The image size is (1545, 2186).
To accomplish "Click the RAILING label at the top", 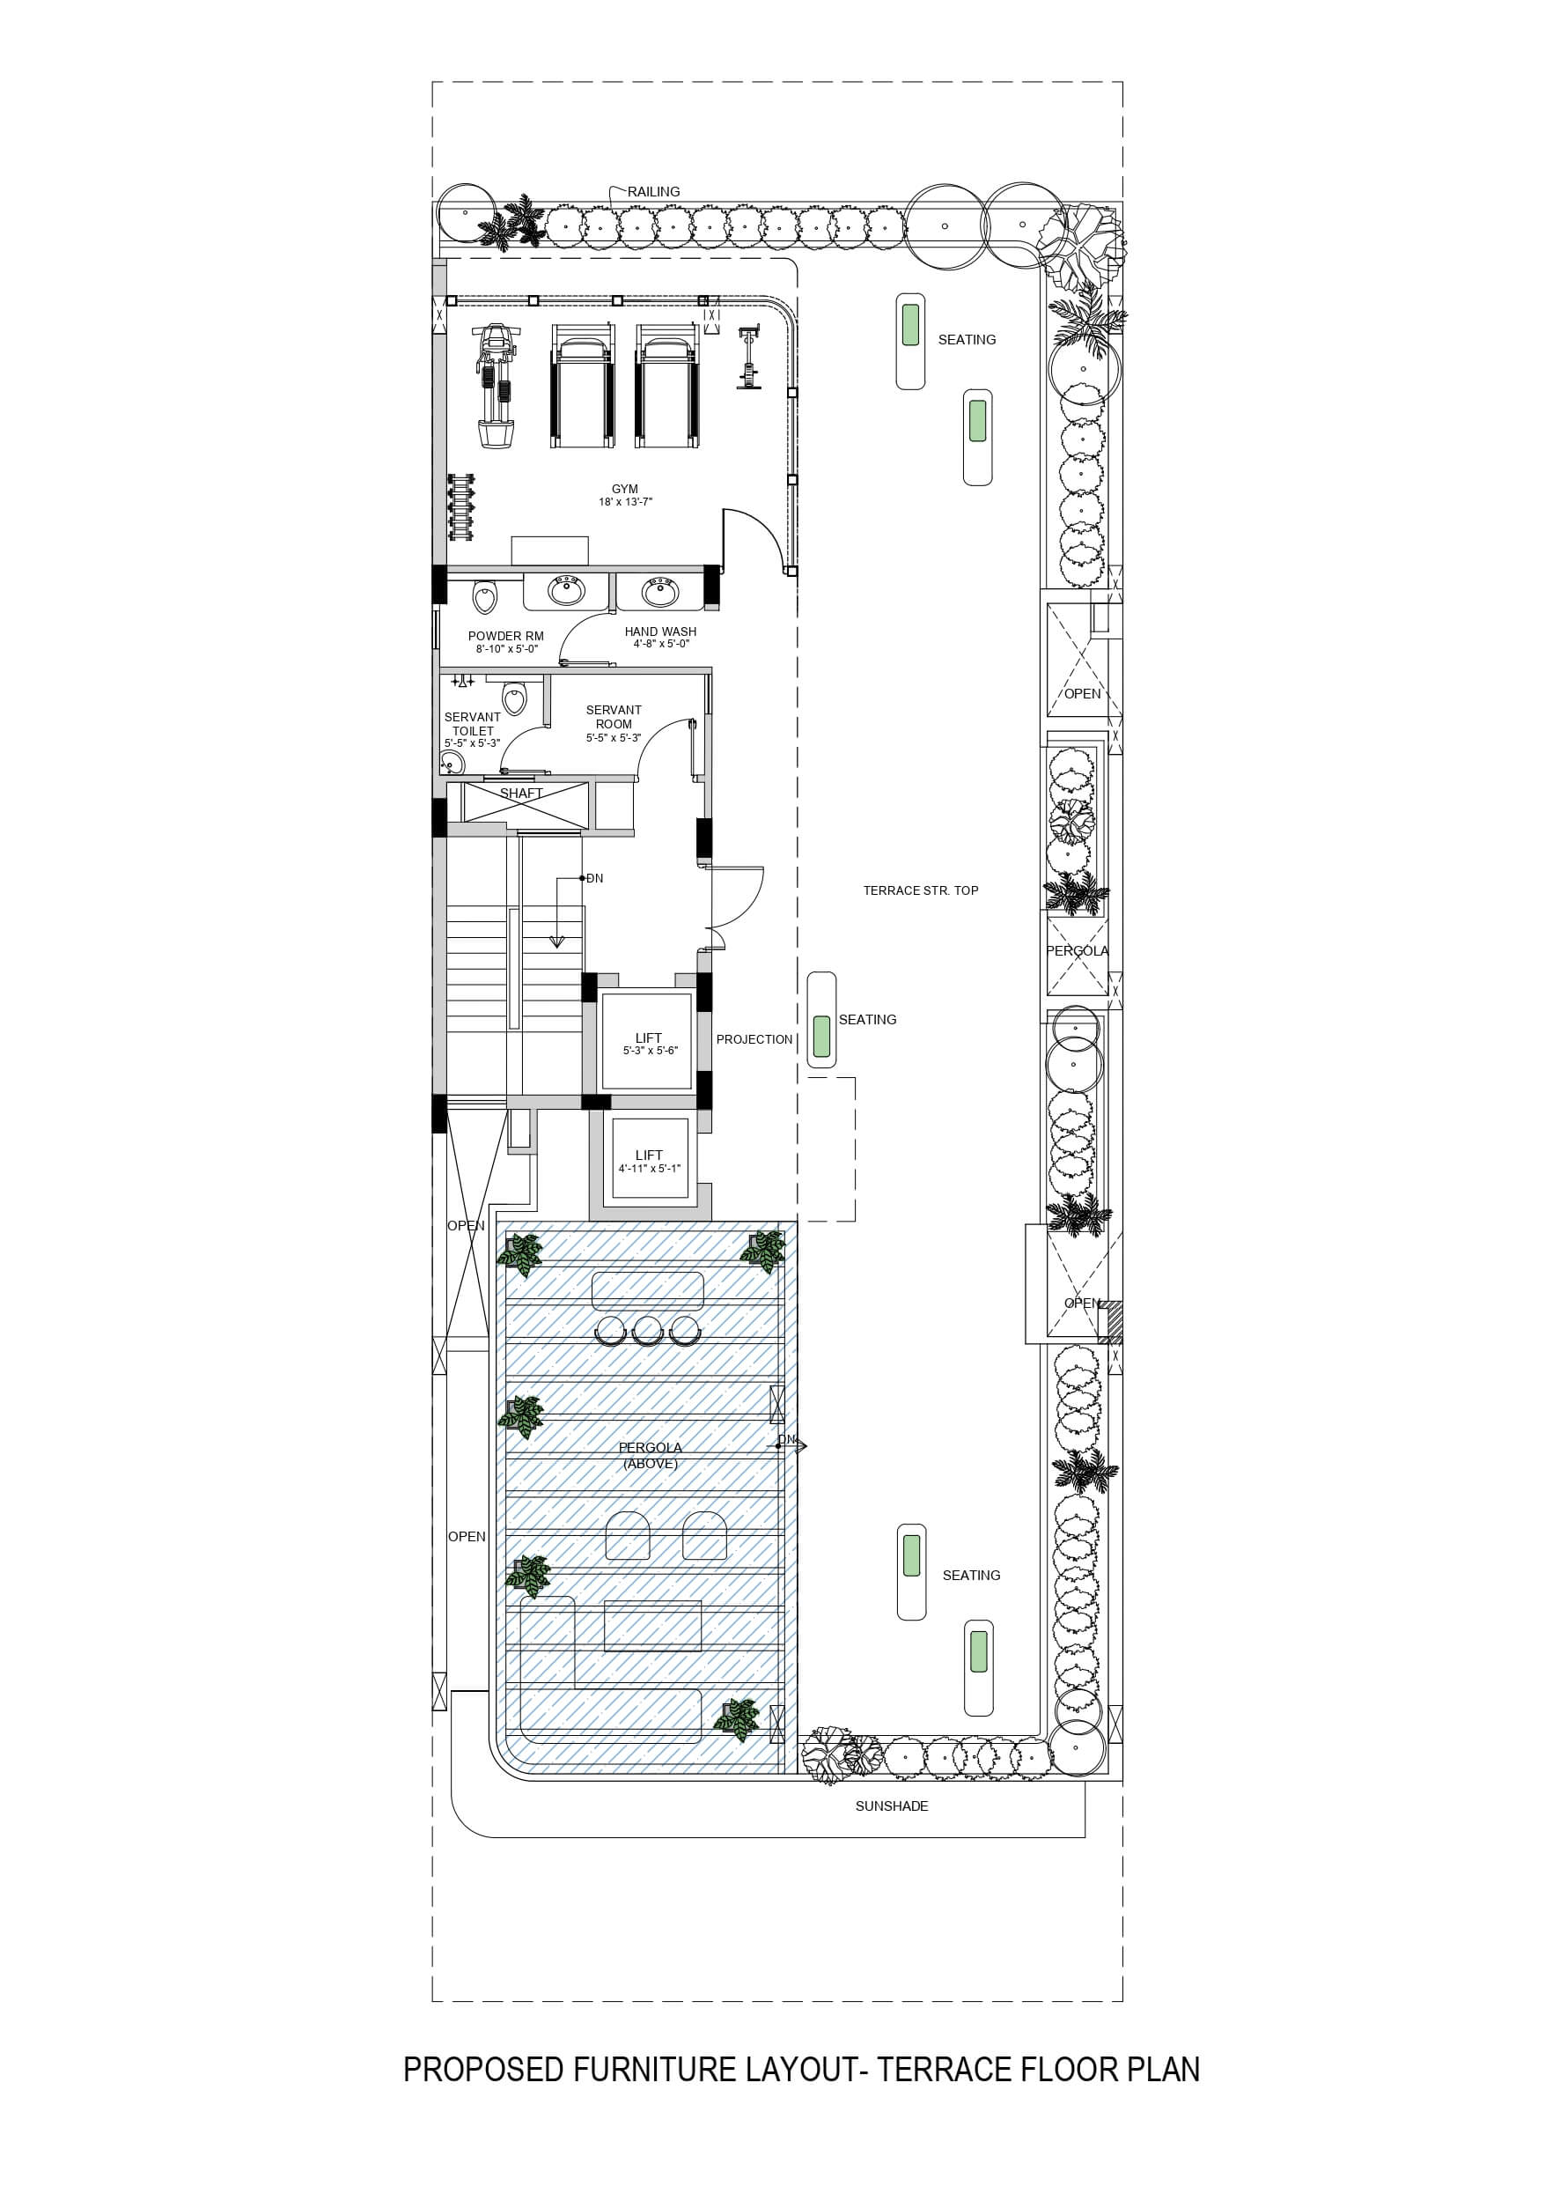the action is pos(653,191).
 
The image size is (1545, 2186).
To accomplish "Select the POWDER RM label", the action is pos(505,636).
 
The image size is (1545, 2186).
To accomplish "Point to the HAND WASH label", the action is pos(660,631).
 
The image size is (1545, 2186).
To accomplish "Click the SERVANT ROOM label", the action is pos(614,717).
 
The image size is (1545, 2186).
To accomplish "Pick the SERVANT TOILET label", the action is pos(472,724).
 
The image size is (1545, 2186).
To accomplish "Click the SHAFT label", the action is pos(522,793).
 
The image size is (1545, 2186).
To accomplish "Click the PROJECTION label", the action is pos(754,1038).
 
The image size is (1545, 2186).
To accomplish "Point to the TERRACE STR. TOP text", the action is pos(921,890).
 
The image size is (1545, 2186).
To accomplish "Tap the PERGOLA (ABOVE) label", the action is pos(651,1455).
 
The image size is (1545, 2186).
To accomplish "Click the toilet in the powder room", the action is pos(485,598).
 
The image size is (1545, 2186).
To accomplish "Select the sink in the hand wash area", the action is pos(659,592).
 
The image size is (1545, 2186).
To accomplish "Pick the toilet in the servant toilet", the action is pos(514,697).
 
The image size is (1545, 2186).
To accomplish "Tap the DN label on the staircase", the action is pos(595,879).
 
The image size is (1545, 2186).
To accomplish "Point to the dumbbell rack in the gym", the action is pos(461,506).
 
